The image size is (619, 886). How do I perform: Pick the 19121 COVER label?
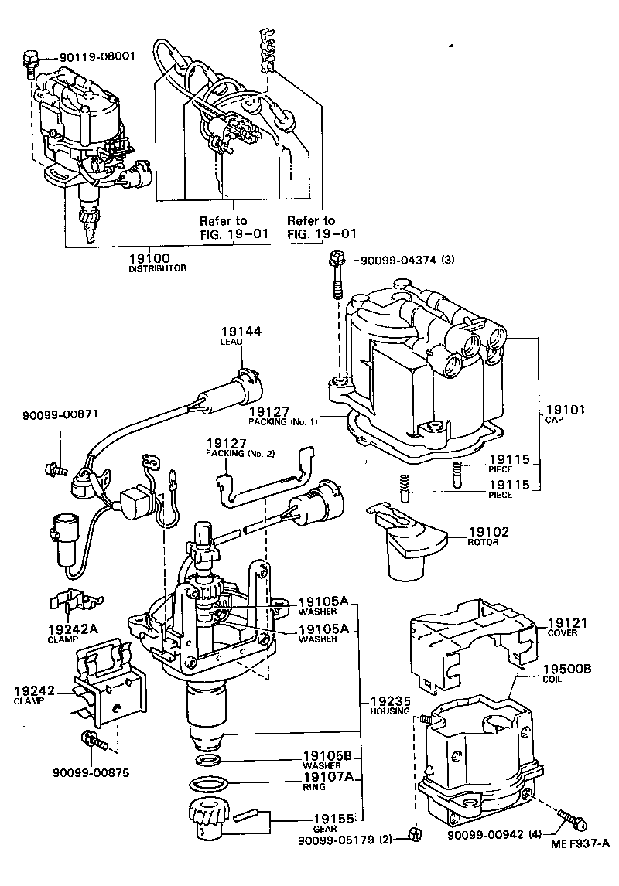[x=569, y=626]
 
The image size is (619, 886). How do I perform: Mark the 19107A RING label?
[x=328, y=782]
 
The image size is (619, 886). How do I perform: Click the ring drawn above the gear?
[x=214, y=785]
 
